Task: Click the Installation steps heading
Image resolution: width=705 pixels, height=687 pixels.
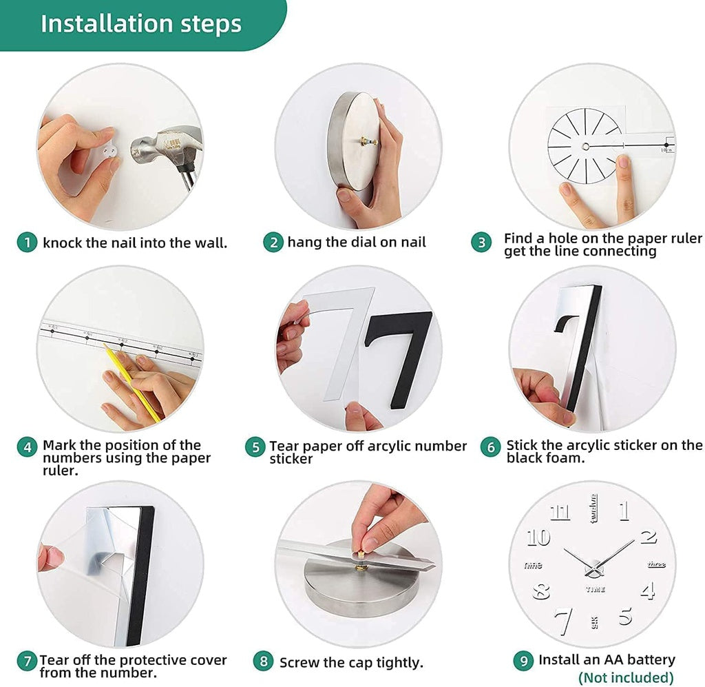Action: [x=141, y=23]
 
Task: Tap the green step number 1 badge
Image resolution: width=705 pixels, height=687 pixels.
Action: [x=27, y=243]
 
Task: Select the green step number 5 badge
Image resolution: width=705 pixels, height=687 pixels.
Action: [x=255, y=447]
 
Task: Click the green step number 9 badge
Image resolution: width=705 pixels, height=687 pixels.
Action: [x=523, y=660]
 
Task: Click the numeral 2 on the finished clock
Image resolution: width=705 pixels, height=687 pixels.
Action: [x=648, y=536]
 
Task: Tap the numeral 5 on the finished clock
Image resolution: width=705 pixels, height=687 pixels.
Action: [x=624, y=615]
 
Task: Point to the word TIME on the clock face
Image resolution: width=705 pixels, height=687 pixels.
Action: [x=595, y=590]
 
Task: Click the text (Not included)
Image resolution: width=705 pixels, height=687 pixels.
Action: [x=625, y=677]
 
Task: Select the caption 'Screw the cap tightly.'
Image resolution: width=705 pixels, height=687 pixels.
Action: [x=351, y=663]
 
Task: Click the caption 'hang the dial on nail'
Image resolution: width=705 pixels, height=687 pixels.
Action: [x=357, y=243]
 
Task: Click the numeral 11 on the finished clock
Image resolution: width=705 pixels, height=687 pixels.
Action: [x=560, y=512]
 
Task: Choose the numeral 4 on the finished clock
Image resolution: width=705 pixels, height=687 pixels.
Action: [x=647, y=591]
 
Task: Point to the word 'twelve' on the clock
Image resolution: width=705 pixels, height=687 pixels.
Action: [x=592, y=508]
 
